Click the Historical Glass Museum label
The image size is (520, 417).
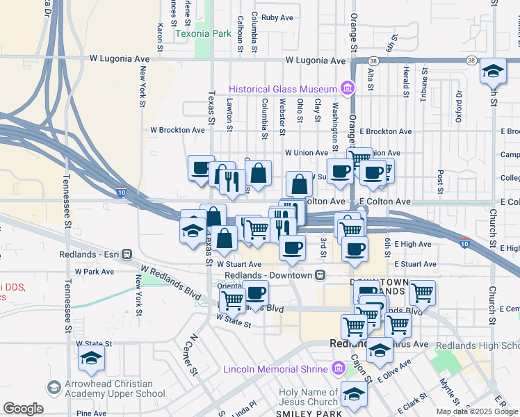coord(284,89)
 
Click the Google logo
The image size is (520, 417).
coord(23,409)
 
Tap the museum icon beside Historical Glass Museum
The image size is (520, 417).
coord(346,88)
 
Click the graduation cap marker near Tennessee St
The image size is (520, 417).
coord(92,359)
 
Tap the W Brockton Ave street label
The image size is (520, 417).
coord(178,130)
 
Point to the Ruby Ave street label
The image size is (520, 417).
coord(277,17)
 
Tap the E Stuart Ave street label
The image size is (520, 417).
coord(414,264)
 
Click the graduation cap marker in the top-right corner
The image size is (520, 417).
coord(493,71)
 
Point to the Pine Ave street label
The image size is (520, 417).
coord(92,413)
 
